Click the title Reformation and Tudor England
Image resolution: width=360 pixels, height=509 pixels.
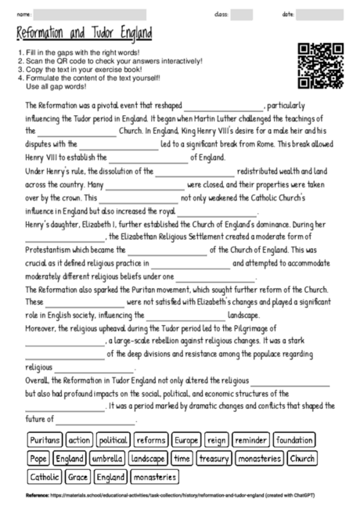click(84, 34)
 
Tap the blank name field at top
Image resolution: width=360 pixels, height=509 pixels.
click(78, 14)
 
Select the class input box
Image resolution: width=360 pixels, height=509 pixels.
click(242, 14)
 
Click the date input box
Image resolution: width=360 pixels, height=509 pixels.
click(319, 14)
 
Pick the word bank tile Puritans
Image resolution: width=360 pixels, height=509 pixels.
click(45, 440)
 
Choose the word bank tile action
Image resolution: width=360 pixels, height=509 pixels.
click(78, 440)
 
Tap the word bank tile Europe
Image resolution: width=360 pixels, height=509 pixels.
click(187, 440)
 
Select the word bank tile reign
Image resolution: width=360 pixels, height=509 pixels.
click(218, 440)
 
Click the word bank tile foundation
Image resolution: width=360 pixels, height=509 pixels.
click(294, 440)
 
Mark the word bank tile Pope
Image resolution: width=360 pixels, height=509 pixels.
click(38, 458)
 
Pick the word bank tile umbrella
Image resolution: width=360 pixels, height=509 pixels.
click(107, 458)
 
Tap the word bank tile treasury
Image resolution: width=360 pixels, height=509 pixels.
click(214, 458)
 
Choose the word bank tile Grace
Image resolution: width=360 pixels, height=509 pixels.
click(78, 476)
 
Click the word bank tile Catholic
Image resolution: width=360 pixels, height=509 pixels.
click(45, 476)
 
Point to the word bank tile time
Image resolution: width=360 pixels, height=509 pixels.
click(182, 458)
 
